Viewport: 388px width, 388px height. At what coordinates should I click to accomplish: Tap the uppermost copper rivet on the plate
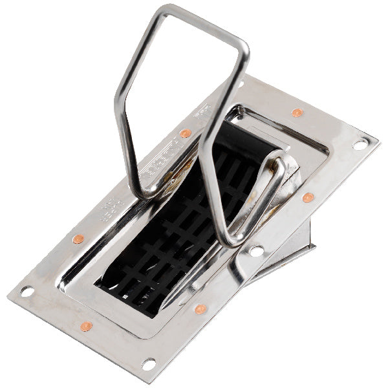coord(297,113)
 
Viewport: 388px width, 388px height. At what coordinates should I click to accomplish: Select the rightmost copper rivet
coord(308,197)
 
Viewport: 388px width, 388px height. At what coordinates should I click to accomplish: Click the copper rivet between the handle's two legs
coord(186,133)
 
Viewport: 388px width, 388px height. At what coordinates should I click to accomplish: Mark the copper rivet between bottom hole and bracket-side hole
coord(200,309)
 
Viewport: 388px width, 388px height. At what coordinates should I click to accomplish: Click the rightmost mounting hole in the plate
coord(360,145)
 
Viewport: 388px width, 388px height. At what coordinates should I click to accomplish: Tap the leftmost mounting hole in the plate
coord(27,292)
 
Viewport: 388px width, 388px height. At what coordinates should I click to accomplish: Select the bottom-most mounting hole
coord(148,364)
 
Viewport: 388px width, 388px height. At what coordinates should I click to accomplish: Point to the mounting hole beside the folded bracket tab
coord(257,250)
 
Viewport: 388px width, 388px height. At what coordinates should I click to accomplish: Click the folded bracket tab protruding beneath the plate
coord(285,259)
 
